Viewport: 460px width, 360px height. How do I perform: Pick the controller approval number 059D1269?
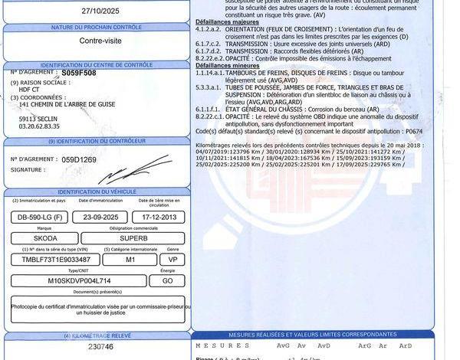tap(79, 159)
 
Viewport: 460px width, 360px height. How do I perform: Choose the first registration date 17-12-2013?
tap(158, 217)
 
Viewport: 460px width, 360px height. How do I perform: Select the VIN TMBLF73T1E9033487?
tap(55, 260)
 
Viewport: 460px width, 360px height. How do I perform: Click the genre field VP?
tap(173, 260)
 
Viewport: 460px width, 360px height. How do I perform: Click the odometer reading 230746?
tap(100, 347)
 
